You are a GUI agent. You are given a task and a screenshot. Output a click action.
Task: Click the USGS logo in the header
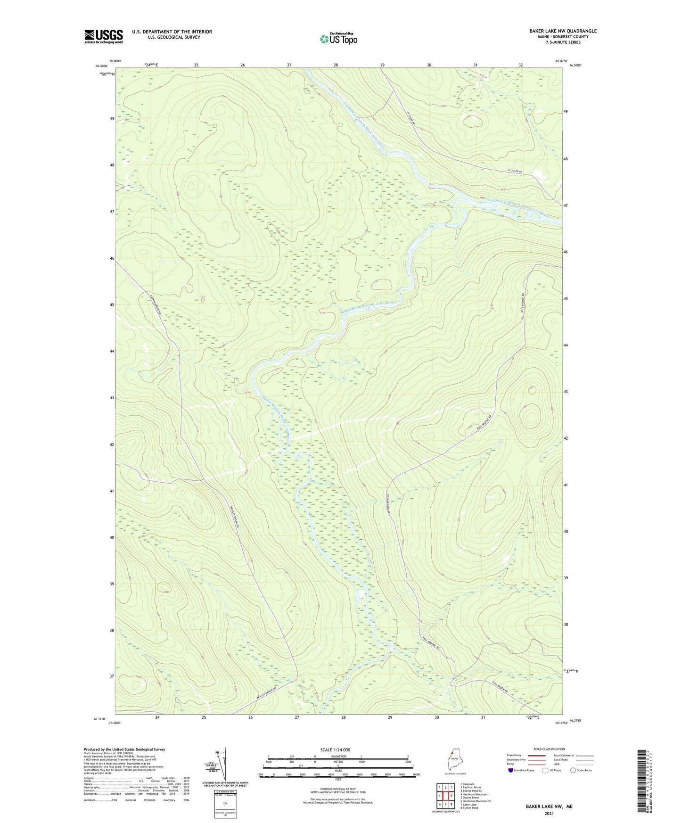(103, 36)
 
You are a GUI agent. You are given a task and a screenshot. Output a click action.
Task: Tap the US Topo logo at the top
(338, 39)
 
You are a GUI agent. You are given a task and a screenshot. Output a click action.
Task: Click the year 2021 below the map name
(549, 814)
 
